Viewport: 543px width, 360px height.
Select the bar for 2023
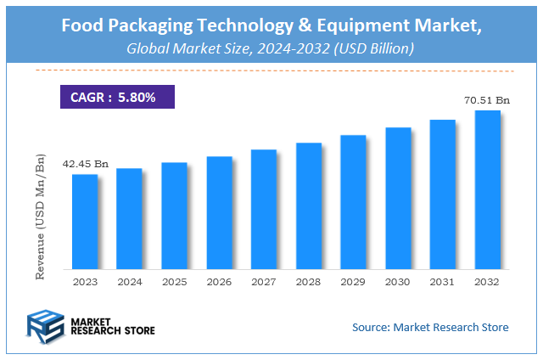point(84,222)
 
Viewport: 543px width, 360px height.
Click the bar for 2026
point(219,213)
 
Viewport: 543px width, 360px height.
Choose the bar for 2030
point(398,199)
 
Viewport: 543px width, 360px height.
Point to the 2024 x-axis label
point(129,281)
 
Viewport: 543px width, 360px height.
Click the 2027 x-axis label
point(264,281)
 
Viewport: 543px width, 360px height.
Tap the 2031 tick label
point(443,281)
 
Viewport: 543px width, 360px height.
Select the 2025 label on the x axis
point(174,281)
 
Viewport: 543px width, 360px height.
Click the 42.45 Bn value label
point(85,163)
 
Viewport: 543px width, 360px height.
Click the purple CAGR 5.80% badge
point(116,97)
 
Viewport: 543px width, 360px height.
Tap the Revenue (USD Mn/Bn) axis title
point(39,217)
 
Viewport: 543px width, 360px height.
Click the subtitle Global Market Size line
point(270,49)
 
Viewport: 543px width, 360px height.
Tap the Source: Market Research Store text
point(430,326)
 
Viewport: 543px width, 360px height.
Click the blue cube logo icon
point(47,325)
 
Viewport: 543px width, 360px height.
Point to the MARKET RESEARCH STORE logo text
point(114,326)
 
